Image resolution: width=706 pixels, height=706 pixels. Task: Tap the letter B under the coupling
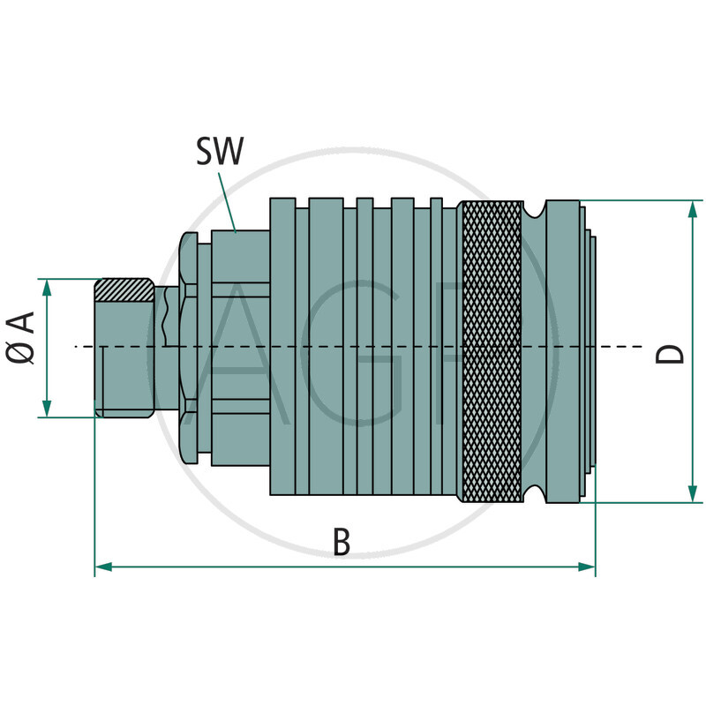coord(342,542)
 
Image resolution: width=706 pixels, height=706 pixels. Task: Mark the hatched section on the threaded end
coord(124,289)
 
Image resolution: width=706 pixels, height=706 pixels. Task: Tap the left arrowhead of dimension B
coord(102,567)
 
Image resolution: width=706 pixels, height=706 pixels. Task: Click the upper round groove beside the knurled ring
coord(534,211)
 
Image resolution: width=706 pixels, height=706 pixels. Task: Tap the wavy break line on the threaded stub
coord(165,318)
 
